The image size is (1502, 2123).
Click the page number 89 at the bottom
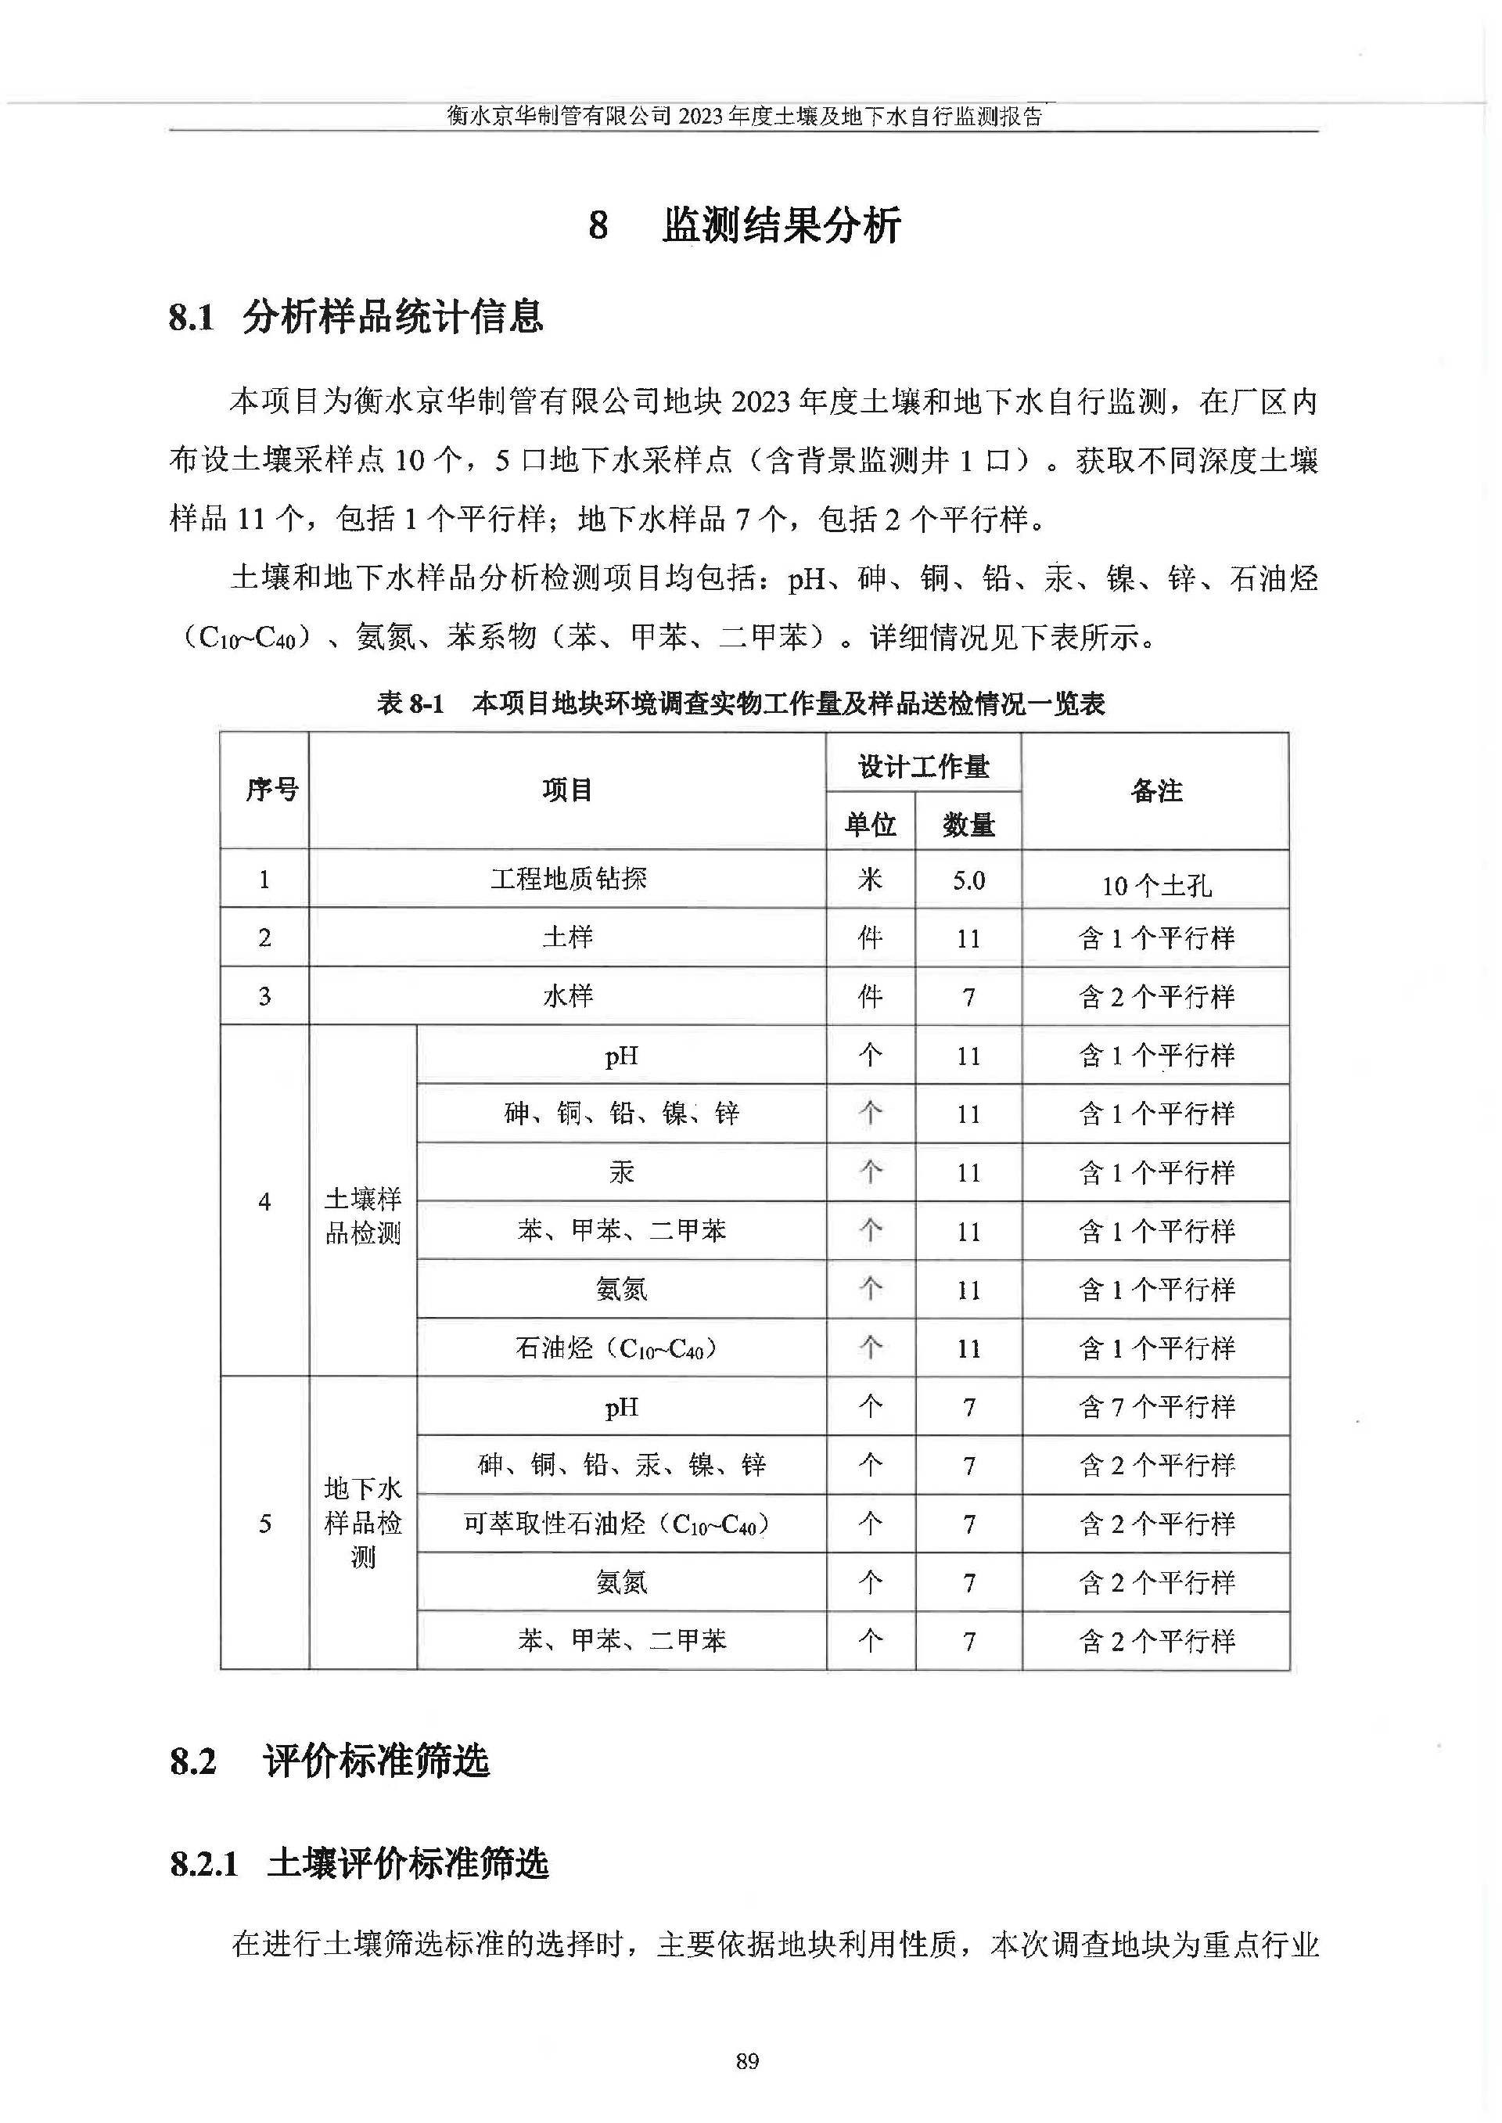coord(747,2060)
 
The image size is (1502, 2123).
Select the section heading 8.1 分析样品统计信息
coord(356,317)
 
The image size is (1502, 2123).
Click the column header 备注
coord(1155,791)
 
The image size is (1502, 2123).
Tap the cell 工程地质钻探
coord(568,879)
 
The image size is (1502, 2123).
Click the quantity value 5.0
coord(968,880)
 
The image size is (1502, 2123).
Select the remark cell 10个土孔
coord(1155,885)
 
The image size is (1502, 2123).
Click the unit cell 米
coord(871,879)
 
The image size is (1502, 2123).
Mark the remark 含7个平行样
coord(1156,1407)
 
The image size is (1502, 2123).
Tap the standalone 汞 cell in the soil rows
coord(620,1172)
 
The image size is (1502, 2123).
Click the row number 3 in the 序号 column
coord(264,996)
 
